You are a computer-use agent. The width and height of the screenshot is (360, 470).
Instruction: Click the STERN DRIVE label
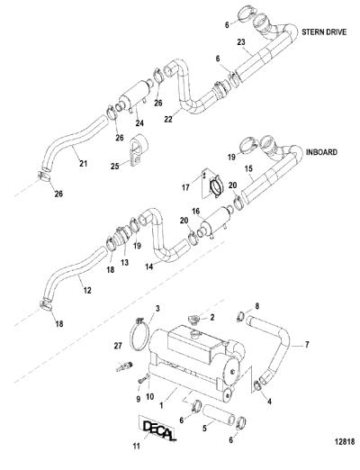click(324, 32)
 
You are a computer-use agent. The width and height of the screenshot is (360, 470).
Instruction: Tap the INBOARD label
click(321, 152)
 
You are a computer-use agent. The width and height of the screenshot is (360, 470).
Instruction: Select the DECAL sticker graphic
click(157, 429)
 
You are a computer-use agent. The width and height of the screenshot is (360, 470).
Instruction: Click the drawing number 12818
click(345, 441)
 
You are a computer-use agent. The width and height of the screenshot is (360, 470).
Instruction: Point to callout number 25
click(115, 166)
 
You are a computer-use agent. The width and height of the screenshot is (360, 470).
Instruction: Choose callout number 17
click(185, 187)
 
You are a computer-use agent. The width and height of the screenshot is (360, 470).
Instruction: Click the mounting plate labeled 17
click(212, 184)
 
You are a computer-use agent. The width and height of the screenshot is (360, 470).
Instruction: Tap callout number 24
click(139, 122)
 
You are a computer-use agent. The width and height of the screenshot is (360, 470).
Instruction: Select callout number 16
click(195, 212)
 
